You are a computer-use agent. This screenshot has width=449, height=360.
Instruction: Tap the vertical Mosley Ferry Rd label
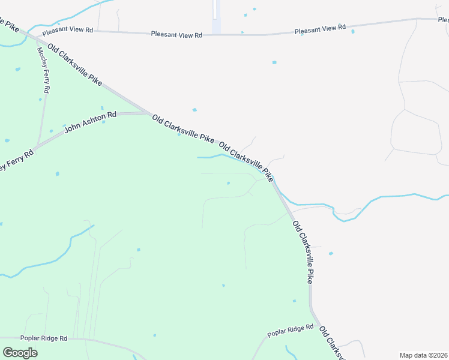click(x=44, y=70)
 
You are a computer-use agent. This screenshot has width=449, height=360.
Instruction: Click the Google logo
click(x=20, y=353)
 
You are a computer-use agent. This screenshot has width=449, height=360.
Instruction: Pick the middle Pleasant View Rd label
click(x=176, y=35)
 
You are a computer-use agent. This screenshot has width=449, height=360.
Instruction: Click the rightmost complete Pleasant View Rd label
click(x=320, y=28)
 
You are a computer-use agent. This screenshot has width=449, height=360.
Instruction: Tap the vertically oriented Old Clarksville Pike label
click(x=303, y=252)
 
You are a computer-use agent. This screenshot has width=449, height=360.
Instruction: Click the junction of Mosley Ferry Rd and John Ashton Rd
click(x=37, y=145)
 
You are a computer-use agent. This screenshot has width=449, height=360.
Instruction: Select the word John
click(x=71, y=127)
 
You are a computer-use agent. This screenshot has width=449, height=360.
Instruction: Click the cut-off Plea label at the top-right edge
click(x=442, y=20)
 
